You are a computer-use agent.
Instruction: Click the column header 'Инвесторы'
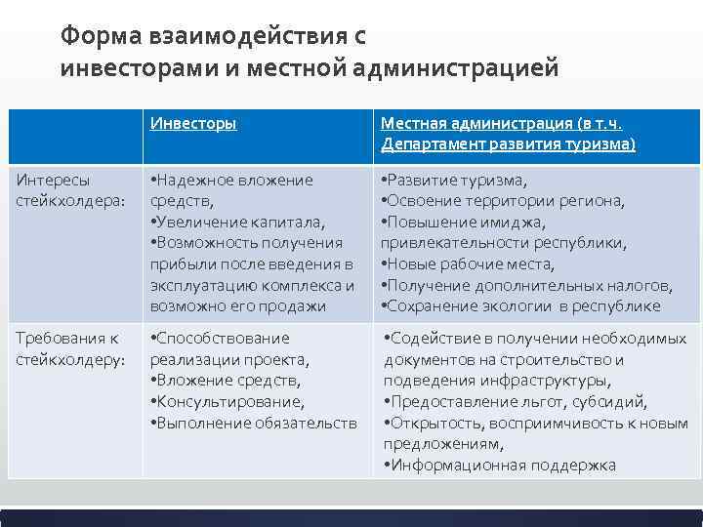(193, 124)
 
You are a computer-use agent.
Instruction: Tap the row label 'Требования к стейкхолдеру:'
(70, 347)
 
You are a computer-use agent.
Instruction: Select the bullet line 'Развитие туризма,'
(455, 180)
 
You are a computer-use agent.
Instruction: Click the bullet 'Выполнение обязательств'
(254, 423)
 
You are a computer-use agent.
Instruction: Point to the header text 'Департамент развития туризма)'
(508, 144)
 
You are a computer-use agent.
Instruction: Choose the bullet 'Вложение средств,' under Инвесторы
(226, 381)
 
